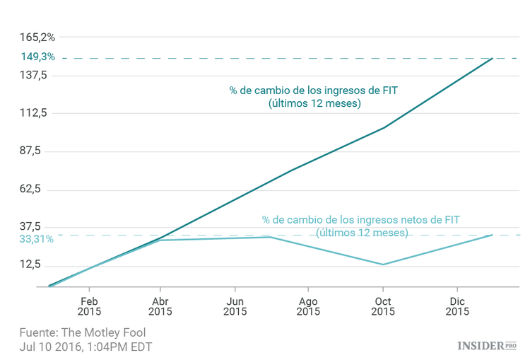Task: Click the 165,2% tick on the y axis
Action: [x=37, y=37]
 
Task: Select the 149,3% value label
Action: [x=37, y=57]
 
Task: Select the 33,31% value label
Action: [x=37, y=239]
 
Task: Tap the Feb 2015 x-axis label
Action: [x=89, y=306]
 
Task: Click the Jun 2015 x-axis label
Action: [x=235, y=306]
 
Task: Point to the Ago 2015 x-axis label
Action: [x=308, y=306]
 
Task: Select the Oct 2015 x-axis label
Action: [x=382, y=306]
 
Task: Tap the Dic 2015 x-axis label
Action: [x=457, y=306]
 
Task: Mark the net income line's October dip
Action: [x=382, y=265]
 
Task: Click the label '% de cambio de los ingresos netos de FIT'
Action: [x=360, y=220]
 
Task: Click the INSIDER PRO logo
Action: [x=487, y=345]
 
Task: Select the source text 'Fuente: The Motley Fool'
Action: [x=83, y=332]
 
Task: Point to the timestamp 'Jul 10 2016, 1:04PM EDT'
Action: [x=86, y=347]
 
